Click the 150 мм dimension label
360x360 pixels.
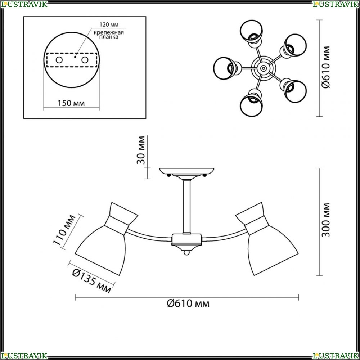(71, 103)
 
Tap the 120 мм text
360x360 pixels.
(109, 24)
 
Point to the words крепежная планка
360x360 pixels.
(109, 35)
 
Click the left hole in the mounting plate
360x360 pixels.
(59, 60)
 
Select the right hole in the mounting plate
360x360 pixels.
(85, 60)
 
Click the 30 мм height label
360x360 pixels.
(141, 150)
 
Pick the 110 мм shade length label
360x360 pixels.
(64, 230)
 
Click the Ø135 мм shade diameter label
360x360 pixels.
(91, 281)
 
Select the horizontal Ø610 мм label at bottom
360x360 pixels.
(188, 303)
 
